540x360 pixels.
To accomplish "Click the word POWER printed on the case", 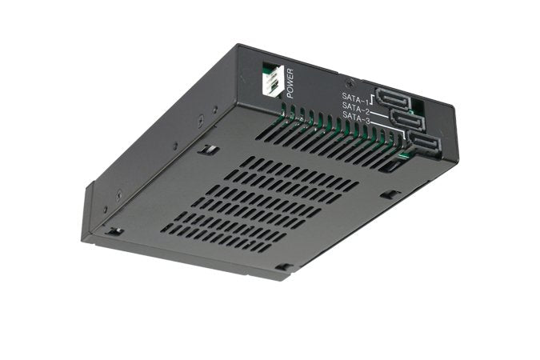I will [290, 82].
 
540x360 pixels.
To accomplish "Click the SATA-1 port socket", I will [393, 98].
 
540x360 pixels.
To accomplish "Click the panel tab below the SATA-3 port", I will [390, 194].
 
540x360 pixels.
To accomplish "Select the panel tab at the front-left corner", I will [114, 231].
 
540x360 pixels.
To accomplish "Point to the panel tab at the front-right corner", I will [284, 267].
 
